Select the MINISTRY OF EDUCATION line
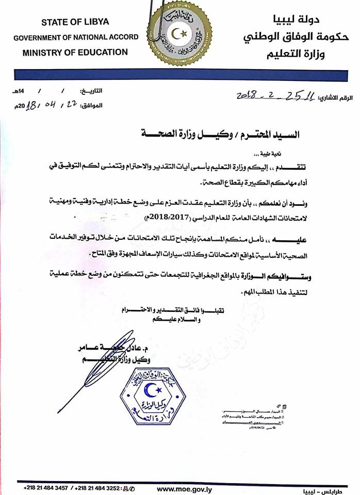75,52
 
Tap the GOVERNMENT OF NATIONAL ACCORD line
76,37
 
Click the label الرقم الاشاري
337,97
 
